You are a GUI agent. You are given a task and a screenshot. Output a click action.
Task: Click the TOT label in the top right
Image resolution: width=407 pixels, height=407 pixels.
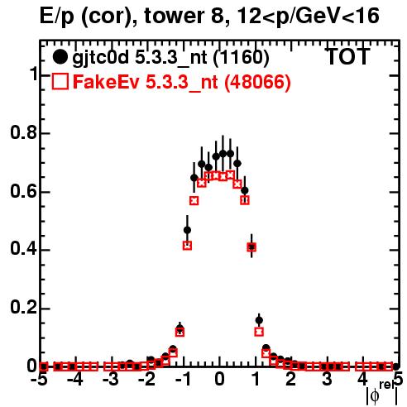point(347,56)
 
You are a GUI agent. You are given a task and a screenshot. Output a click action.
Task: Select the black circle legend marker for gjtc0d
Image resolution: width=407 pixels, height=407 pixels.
point(60,57)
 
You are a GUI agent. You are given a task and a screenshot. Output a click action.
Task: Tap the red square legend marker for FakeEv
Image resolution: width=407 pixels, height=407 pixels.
point(60,81)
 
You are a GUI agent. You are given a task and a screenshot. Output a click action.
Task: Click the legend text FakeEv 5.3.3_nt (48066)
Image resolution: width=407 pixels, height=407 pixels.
point(182,82)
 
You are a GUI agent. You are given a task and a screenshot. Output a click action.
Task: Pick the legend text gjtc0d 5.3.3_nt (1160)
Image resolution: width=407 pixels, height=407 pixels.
point(170,58)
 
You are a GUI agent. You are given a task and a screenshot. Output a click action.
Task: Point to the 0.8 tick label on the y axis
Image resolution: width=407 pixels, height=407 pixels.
point(23,132)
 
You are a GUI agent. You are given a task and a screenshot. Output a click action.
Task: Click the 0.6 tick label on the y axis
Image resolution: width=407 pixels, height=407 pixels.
point(23,191)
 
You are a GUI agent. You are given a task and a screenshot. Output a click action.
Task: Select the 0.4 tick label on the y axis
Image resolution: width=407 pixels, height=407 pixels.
point(23,249)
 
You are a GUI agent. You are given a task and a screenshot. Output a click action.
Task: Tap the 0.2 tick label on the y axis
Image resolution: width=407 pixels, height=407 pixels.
point(23,308)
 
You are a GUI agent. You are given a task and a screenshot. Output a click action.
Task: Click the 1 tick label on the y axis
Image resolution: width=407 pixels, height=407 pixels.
point(34,74)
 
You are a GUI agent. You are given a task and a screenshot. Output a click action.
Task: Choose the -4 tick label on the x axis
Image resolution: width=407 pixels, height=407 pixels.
point(75,380)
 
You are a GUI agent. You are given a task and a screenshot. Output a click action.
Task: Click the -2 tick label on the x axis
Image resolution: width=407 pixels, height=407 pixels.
point(147,380)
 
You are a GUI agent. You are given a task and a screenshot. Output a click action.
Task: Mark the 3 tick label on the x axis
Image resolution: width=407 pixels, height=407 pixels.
point(327,380)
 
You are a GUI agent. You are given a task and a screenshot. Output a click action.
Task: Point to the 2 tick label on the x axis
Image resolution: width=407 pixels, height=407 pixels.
point(291,380)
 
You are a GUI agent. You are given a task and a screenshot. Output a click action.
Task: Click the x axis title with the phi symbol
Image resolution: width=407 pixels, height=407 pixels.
point(381,393)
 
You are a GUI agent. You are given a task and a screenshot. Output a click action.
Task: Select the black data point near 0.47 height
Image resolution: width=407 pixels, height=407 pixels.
point(187,230)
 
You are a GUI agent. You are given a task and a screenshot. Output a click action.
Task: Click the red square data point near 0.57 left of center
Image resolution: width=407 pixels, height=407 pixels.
point(194,201)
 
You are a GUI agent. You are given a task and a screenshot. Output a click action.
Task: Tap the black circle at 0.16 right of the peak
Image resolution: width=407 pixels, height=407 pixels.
point(259,320)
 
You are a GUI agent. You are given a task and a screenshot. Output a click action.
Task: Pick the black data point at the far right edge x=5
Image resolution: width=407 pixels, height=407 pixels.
point(396,366)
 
